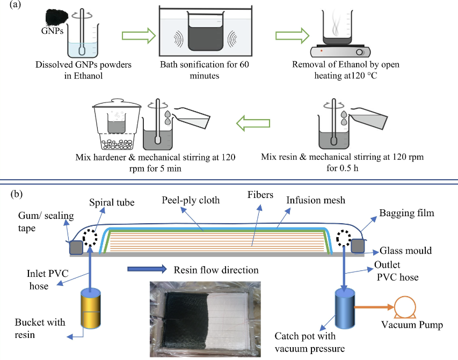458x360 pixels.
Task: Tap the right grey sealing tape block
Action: tap(359, 246)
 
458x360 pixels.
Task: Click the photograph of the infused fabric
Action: tap(202, 317)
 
